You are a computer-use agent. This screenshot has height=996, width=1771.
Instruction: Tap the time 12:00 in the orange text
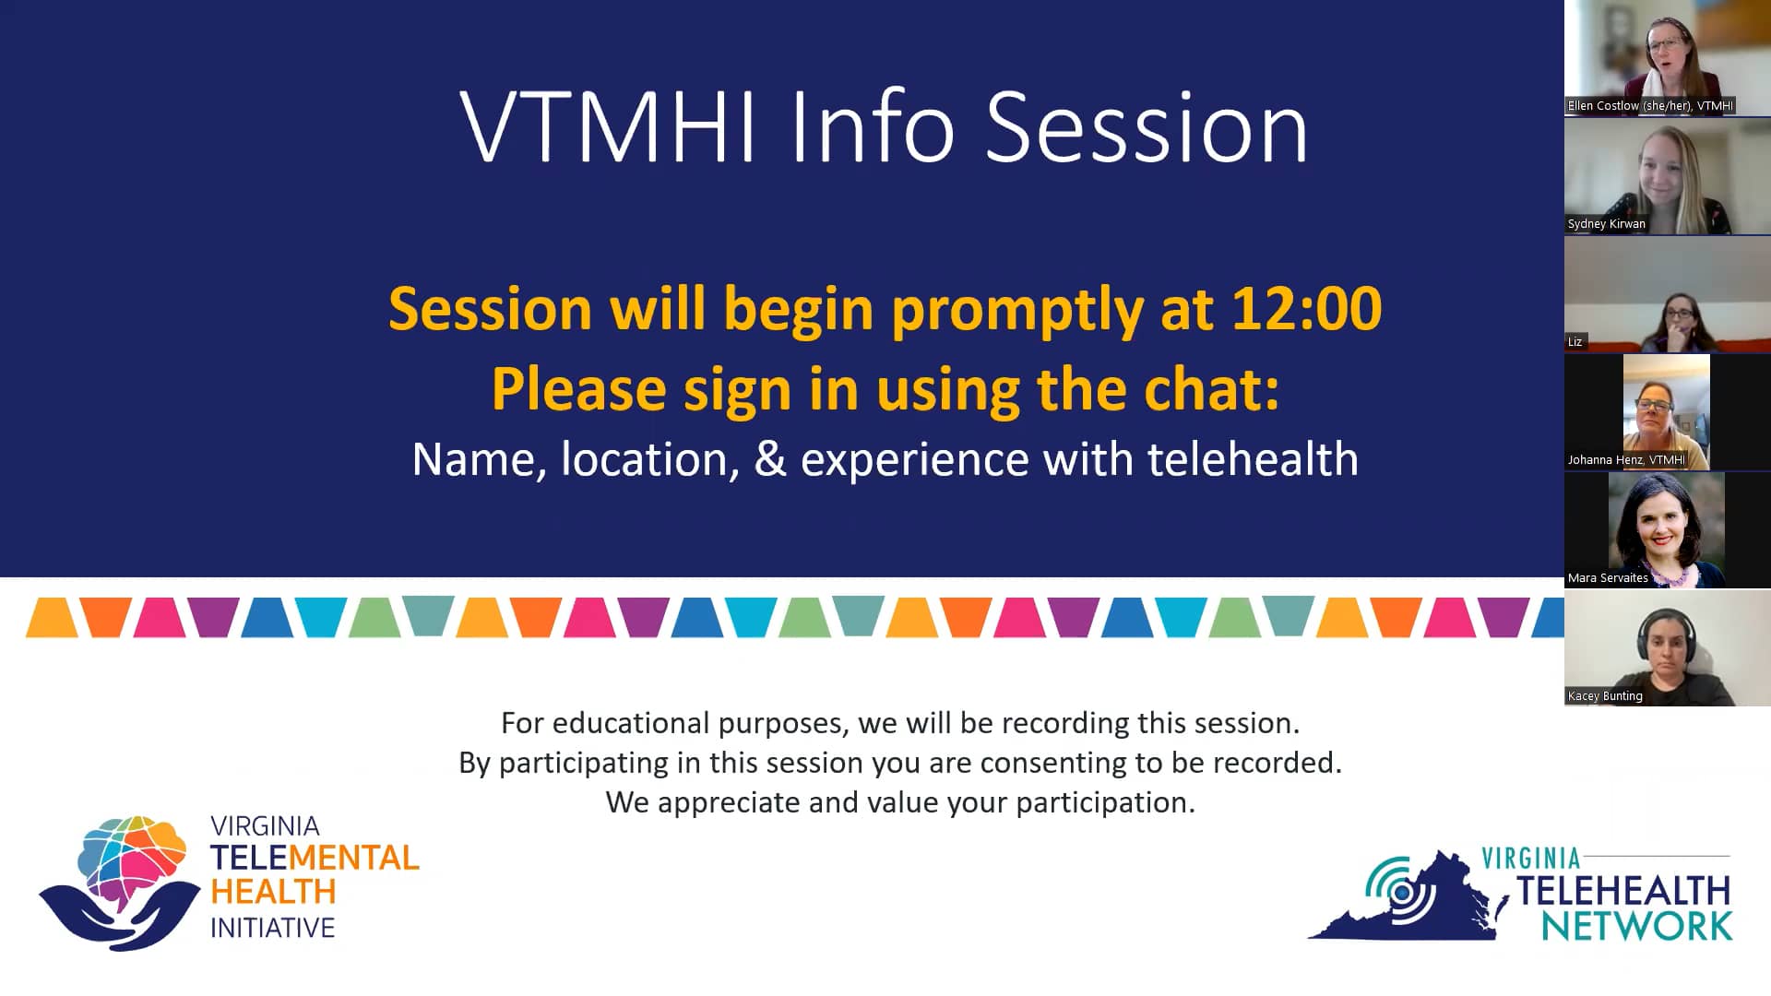click(x=1307, y=308)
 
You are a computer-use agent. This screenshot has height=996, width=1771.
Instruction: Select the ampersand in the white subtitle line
click(x=770, y=458)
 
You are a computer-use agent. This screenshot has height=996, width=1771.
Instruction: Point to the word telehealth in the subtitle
click(x=1253, y=458)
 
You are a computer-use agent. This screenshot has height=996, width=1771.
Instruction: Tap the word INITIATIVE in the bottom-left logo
click(x=273, y=928)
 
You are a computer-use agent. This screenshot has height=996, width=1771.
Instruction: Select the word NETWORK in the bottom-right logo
click(x=1637, y=927)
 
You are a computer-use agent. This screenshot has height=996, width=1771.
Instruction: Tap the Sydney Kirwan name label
click(x=1606, y=224)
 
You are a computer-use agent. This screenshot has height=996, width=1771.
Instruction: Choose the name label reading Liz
click(x=1575, y=342)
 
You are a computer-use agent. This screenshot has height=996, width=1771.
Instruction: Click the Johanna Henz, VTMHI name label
click(x=1626, y=460)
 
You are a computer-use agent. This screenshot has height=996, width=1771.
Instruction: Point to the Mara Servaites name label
click(x=1608, y=578)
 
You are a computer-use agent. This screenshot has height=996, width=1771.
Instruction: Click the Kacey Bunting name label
click(x=1605, y=696)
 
